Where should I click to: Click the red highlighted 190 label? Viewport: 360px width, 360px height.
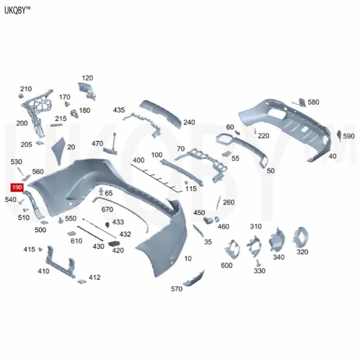pyautogui.click(x=17, y=188)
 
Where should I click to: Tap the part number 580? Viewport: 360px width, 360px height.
pyautogui.click(x=313, y=102)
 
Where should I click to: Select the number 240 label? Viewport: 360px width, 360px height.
pyautogui.click(x=189, y=122)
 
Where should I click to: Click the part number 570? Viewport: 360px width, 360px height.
pyautogui.click(x=177, y=288)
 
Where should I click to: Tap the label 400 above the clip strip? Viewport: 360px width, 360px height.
pyautogui.click(x=139, y=160)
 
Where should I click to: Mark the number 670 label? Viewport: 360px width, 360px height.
pyautogui.click(x=107, y=209)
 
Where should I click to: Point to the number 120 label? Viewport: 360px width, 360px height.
pyautogui.click(x=87, y=77)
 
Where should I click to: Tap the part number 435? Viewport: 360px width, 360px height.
pyautogui.click(x=119, y=110)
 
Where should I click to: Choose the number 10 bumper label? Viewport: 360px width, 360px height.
pyautogui.click(x=188, y=258)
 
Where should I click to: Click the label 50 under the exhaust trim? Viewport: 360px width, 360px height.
pyautogui.click(x=270, y=171)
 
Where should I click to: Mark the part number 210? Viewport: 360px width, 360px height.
pyautogui.click(x=26, y=89)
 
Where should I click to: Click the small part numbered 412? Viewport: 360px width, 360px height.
pyautogui.click(x=81, y=281)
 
